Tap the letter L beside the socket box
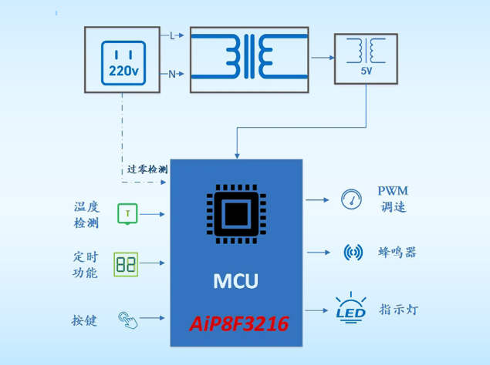172,35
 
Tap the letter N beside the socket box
172,75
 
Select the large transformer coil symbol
249,55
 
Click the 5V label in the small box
366,71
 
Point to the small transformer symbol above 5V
366,51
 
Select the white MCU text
235,281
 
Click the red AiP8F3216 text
239,324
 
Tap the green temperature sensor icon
127,213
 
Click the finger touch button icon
128,319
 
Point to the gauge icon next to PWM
351,199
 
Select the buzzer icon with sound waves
353,252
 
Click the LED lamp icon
350,308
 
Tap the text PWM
393,191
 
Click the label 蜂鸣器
397,253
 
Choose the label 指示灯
398,310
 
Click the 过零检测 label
147,168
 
